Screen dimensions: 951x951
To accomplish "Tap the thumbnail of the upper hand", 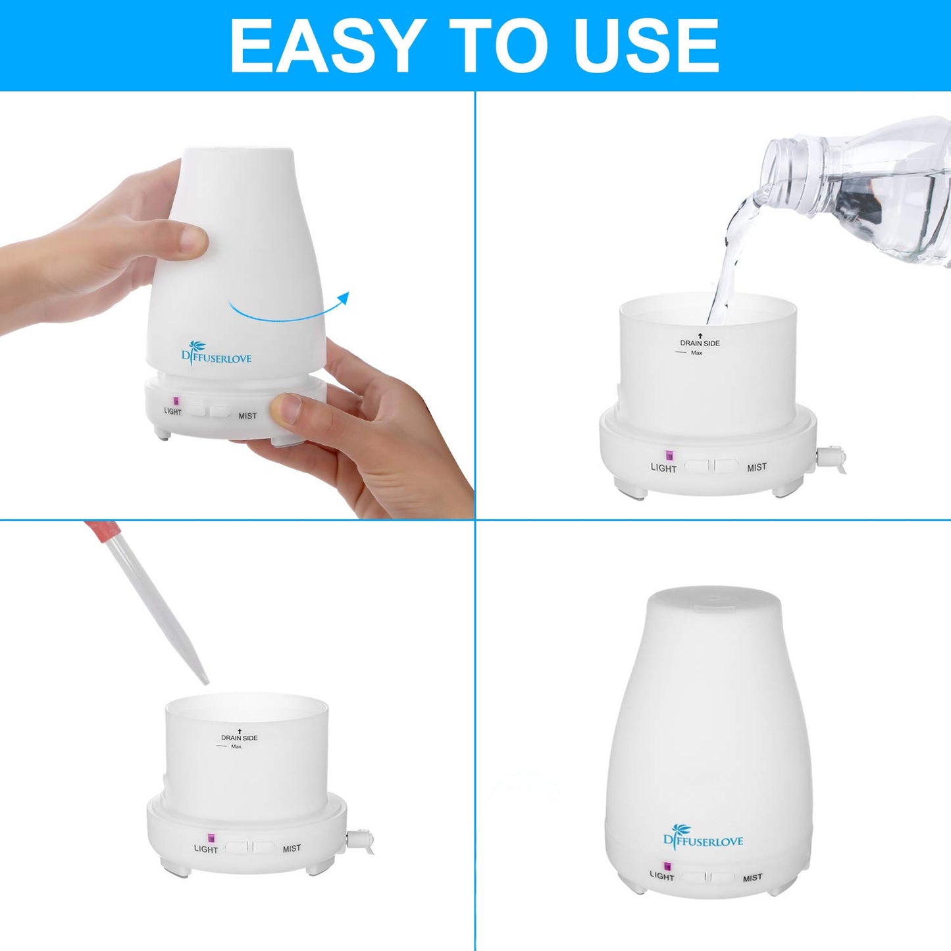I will (x=194, y=240).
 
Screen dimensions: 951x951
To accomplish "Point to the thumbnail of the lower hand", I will (x=286, y=408).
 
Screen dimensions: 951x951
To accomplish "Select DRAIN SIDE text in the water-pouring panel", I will (x=700, y=343).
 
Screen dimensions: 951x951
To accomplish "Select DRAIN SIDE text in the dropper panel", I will (x=239, y=738).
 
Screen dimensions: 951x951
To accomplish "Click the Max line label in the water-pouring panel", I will (x=696, y=353).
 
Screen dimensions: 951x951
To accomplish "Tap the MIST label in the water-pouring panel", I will (x=756, y=467).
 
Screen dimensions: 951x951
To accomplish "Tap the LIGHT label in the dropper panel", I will (x=205, y=849).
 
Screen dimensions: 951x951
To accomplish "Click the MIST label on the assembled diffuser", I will (x=752, y=878).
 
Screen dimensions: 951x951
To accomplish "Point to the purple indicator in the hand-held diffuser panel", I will (x=176, y=401).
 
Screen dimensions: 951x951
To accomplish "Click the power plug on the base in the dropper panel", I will (x=361, y=840).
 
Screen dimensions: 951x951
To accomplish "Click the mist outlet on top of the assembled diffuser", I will (x=713, y=600).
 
